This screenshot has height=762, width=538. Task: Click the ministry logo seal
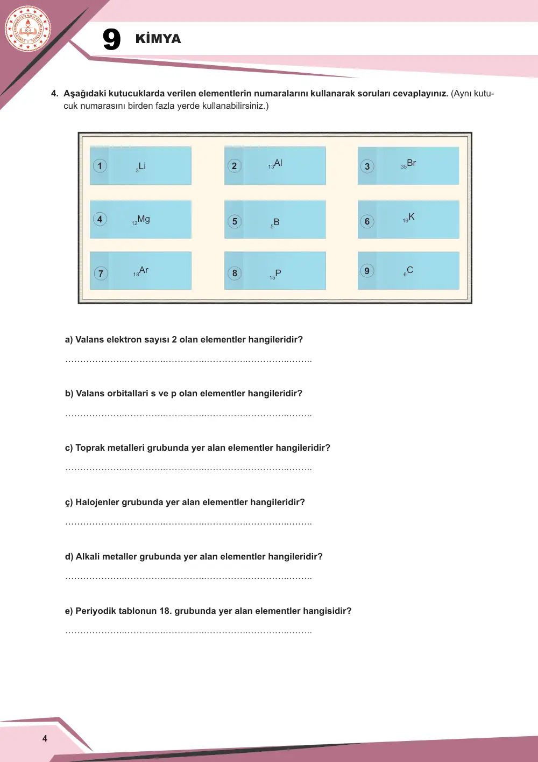28,29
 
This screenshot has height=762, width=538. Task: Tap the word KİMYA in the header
158,38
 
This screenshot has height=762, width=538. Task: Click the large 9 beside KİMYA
111,39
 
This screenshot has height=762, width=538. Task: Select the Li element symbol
142,166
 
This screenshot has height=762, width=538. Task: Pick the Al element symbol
278,163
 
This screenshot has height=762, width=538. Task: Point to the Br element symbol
411,163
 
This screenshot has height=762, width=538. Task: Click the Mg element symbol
144,219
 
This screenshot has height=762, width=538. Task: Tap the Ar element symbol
144,270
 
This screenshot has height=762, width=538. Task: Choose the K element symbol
411,216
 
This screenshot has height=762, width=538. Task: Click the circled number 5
235,221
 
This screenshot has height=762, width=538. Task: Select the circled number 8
235,273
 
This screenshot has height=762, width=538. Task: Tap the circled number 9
367,271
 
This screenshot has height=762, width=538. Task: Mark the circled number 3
367,166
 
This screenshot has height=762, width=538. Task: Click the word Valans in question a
88,339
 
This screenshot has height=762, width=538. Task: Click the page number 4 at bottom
45,738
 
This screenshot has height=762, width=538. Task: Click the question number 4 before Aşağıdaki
54,94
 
